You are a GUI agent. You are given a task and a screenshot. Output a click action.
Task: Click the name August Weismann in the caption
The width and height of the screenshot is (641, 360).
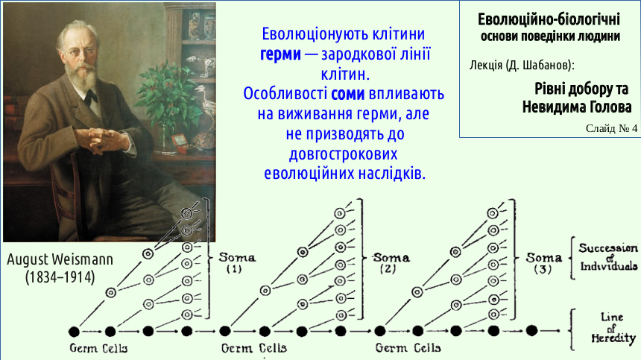click(x=60, y=259)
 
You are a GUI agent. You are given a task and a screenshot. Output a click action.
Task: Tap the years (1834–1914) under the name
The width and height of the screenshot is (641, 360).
click(x=60, y=277)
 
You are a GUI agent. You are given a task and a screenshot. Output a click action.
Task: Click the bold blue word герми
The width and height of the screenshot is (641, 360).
click(x=280, y=54)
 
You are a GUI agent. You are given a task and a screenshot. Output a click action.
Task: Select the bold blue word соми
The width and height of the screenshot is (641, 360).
click(x=347, y=94)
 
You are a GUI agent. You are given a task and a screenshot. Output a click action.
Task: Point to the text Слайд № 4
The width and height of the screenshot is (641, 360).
click(x=611, y=128)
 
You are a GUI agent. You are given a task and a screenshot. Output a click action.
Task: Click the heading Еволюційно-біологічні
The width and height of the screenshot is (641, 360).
click(x=549, y=19)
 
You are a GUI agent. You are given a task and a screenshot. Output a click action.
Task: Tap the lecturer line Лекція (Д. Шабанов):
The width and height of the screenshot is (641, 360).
click(x=522, y=65)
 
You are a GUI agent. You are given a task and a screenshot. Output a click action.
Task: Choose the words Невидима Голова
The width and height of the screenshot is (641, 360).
click(x=577, y=107)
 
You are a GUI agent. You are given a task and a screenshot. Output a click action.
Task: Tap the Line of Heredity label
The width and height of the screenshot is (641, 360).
click(x=613, y=328)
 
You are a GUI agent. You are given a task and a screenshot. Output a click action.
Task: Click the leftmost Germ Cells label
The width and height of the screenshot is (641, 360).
click(x=98, y=348)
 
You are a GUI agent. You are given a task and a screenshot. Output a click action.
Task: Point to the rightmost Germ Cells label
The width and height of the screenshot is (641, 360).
click(x=408, y=348)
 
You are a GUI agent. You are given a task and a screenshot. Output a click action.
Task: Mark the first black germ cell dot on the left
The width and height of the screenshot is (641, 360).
click(x=74, y=331)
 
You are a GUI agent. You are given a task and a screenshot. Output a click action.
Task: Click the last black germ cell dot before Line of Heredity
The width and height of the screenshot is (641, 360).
click(x=531, y=331)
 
